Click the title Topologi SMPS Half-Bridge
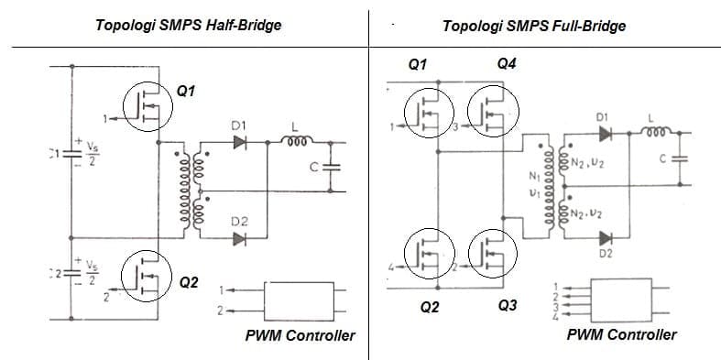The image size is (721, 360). (x=188, y=25)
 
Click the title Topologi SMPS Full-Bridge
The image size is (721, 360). (x=533, y=26)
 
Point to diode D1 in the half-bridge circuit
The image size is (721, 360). (x=241, y=142)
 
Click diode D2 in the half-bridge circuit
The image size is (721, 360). (x=241, y=239)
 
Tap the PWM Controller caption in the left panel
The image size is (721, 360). (x=300, y=335)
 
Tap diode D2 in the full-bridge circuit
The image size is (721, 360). (x=604, y=238)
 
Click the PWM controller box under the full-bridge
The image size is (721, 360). (x=620, y=298)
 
